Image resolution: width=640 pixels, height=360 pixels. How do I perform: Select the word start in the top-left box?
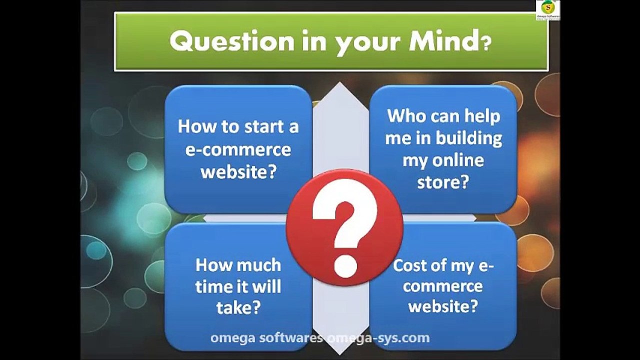[263, 126]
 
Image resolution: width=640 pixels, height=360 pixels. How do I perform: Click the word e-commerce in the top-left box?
[238, 149]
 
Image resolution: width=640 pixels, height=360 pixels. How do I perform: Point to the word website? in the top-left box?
[238, 172]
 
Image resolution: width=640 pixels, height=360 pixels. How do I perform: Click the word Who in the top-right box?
[407, 116]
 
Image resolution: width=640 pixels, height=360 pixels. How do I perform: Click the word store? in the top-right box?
[443, 182]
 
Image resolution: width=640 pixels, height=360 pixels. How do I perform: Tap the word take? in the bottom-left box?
[238, 307]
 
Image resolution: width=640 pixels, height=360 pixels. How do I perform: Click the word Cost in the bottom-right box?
[411, 265]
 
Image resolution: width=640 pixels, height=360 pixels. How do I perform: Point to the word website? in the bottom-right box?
[443, 305]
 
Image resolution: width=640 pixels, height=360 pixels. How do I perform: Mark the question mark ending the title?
[486, 44]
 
